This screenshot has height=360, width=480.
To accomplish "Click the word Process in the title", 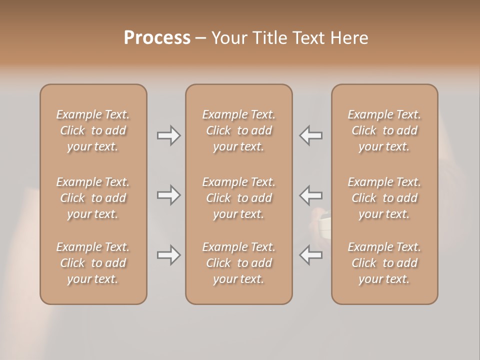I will [x=157, y=38].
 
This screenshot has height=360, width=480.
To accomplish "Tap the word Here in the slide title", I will [x=349, y=38].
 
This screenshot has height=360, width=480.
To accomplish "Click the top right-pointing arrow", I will [x=168, y=135].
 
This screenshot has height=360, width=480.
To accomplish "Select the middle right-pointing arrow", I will [x=168, y=195].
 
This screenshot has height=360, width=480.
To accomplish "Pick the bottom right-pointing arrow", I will [x=168, y=255].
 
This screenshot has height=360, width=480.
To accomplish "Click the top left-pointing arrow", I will [x=311, y=135].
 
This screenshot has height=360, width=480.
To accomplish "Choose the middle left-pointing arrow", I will [x=311, y=195].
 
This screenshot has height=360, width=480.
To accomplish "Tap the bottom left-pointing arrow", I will [x=311, y=255].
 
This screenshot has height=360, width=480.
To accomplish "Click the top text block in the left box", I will [x=93, y=130].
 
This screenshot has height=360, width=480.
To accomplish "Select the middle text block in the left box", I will [x=93, y=198].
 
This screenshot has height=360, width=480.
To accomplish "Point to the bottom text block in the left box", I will [x=93, y=263].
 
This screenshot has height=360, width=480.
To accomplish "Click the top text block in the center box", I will [x=239, y=130].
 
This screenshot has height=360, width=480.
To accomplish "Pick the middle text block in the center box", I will [x=239, y=198].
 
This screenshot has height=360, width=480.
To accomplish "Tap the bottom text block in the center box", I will [x=239, y=263].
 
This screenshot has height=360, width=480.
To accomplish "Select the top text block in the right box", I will [x=384, y=130].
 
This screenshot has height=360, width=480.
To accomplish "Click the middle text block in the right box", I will [x=384, y=198].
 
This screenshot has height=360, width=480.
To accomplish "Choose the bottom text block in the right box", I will [x=384, y=263].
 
